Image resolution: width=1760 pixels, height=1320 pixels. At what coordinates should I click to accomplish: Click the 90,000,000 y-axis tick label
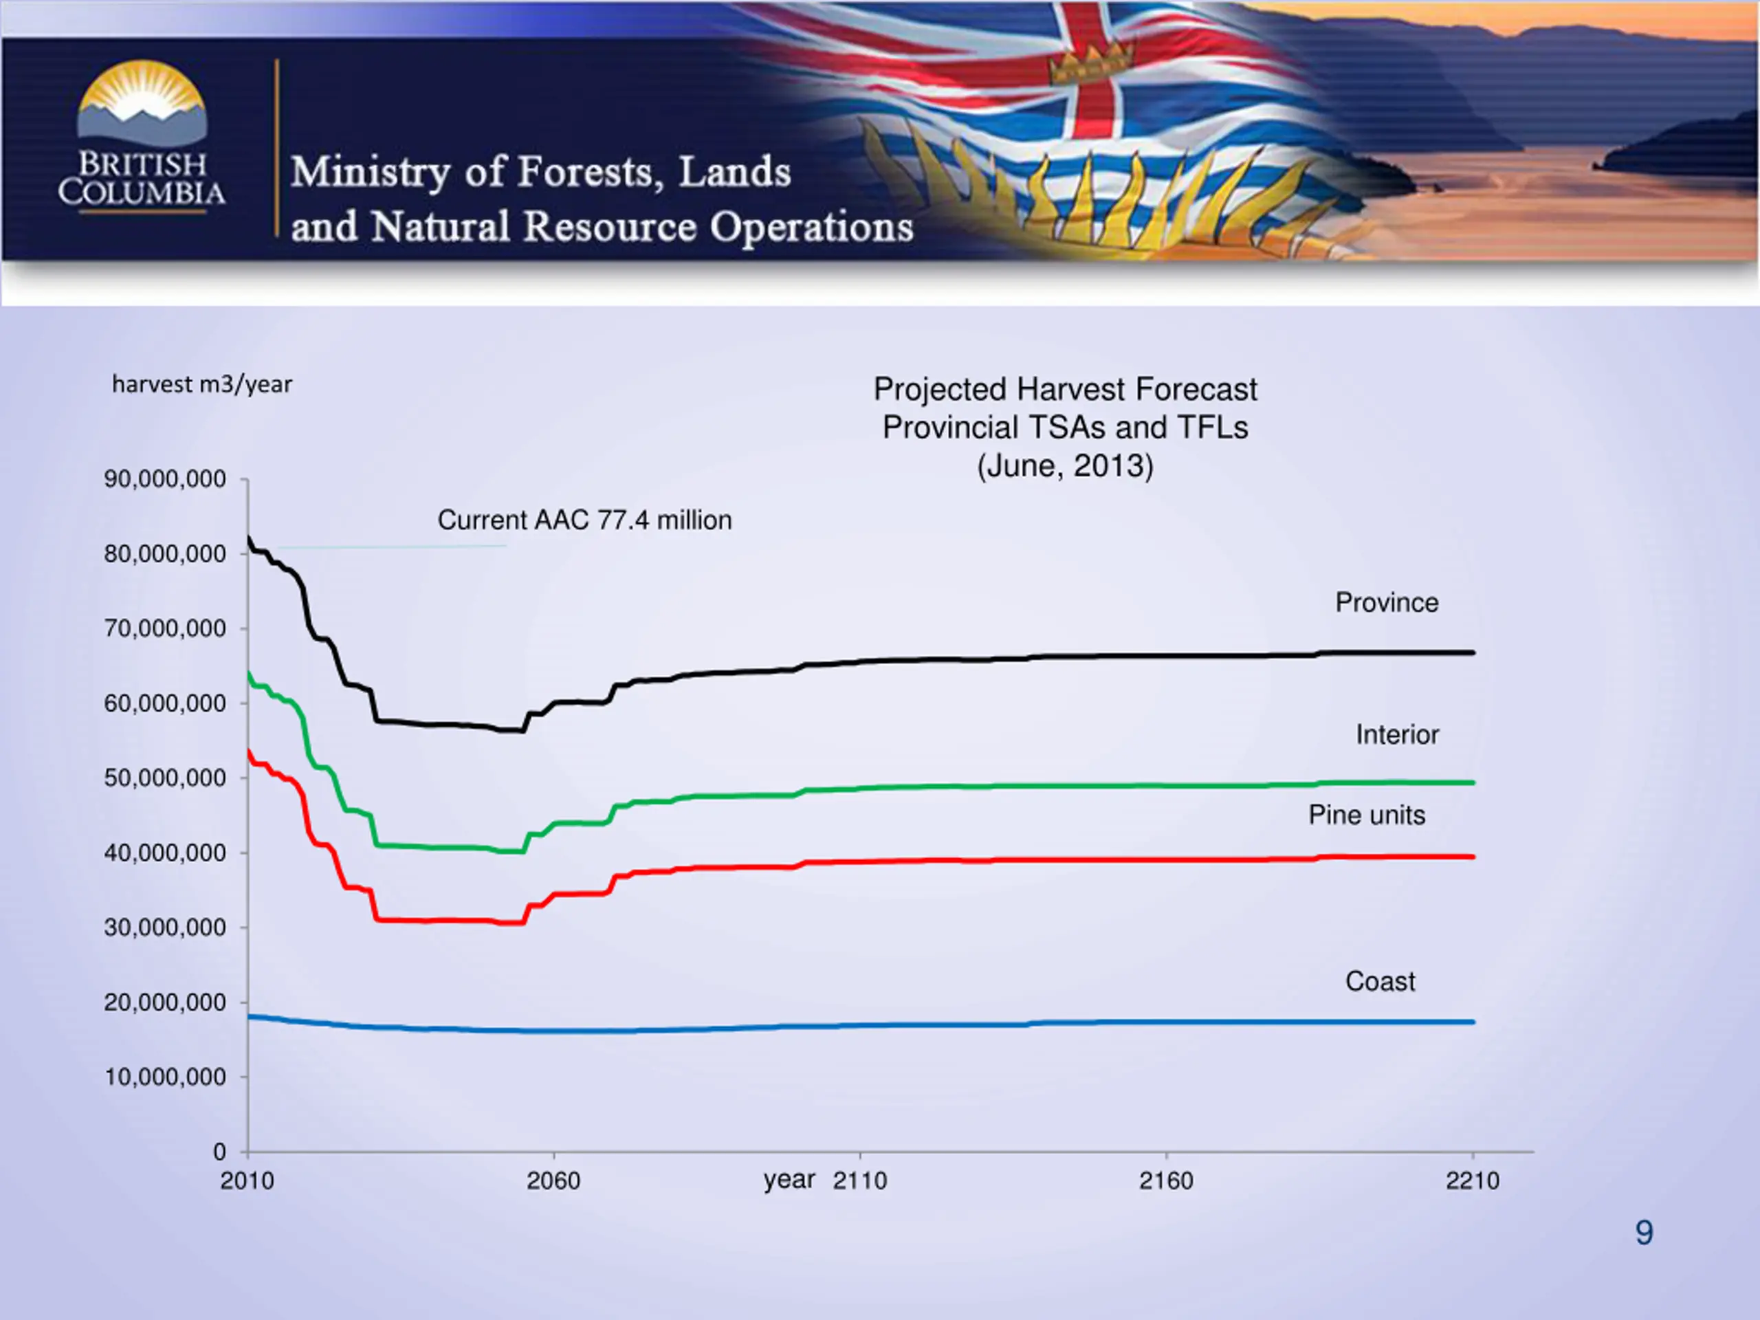tap(165, 479)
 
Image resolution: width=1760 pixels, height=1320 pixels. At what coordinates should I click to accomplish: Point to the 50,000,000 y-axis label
tap(165, 778)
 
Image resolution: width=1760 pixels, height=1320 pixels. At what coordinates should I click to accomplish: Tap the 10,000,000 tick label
tap(165, 1077)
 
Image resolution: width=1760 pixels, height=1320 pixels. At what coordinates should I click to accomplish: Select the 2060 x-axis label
tap(553, 1180)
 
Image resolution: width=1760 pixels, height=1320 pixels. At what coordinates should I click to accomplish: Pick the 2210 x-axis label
tap(1472, 1180)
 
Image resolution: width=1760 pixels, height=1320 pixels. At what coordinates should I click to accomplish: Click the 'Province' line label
tap(1386, 602)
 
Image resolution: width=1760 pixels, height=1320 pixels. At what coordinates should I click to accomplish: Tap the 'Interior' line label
tap(1397, 734)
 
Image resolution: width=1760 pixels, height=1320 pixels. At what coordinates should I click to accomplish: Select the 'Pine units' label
tap(1367, 815)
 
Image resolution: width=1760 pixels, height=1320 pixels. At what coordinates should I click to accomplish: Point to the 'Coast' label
tap(1380, 981)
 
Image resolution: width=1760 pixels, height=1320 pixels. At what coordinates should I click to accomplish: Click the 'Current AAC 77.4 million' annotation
tap(584, 520)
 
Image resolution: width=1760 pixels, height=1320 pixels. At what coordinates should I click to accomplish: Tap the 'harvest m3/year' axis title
tap(202, 384)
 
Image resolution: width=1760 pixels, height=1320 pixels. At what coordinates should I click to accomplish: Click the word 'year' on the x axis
tap(789, 1179)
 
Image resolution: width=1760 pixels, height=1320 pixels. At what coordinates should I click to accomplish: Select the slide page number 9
tap(1644, 1233)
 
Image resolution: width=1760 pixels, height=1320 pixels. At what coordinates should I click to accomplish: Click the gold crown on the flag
tap(1091, 62)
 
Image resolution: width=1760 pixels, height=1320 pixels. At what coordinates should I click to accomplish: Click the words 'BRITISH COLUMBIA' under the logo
tap(142, 179)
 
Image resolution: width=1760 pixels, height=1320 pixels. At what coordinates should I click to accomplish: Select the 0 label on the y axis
tap(219, 1152)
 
